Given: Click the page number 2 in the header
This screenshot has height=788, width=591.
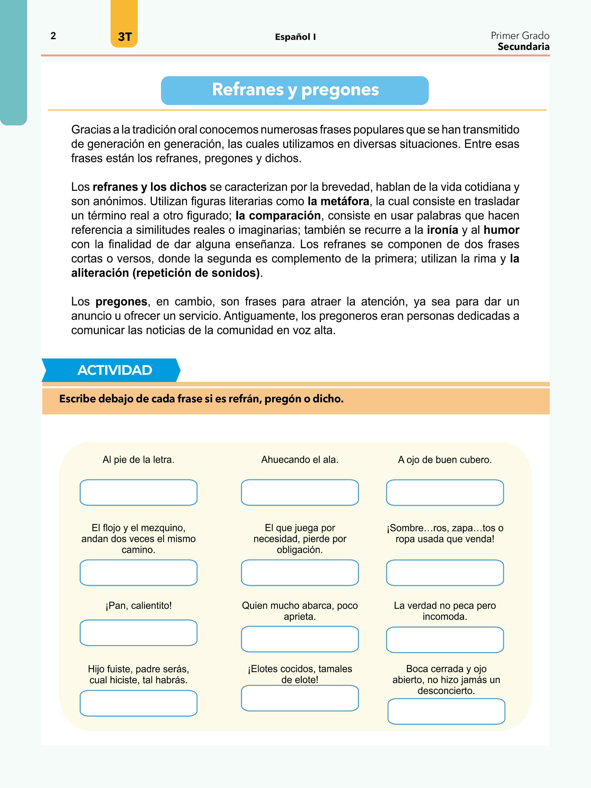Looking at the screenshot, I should (x=53, y=36).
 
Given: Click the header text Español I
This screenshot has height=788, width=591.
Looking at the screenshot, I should (x=295, y=37).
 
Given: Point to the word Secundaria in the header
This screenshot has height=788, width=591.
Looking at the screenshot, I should (x=523, y=47).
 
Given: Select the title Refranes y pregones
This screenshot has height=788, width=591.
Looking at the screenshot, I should (x=295, y=90).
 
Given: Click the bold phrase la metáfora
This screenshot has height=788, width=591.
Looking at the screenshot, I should (x=338, y=201).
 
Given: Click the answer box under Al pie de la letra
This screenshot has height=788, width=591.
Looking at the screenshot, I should (x=139, y=492).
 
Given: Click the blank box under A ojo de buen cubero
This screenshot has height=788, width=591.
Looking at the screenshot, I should (x=445, y=492).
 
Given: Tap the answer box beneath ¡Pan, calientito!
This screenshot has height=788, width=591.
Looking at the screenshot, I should (x=139, y=633).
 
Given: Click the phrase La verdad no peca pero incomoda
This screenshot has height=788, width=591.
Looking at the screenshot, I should (x=445, y=611).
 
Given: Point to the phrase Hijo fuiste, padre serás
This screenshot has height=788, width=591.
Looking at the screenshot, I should (x=139, y=669).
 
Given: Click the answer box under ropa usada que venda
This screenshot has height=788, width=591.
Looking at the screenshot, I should (x=445, y=573).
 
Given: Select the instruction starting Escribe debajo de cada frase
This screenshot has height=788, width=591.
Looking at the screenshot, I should (x=201, y=399).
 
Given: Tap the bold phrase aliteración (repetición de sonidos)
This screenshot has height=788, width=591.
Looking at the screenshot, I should (x=166, y=273).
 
